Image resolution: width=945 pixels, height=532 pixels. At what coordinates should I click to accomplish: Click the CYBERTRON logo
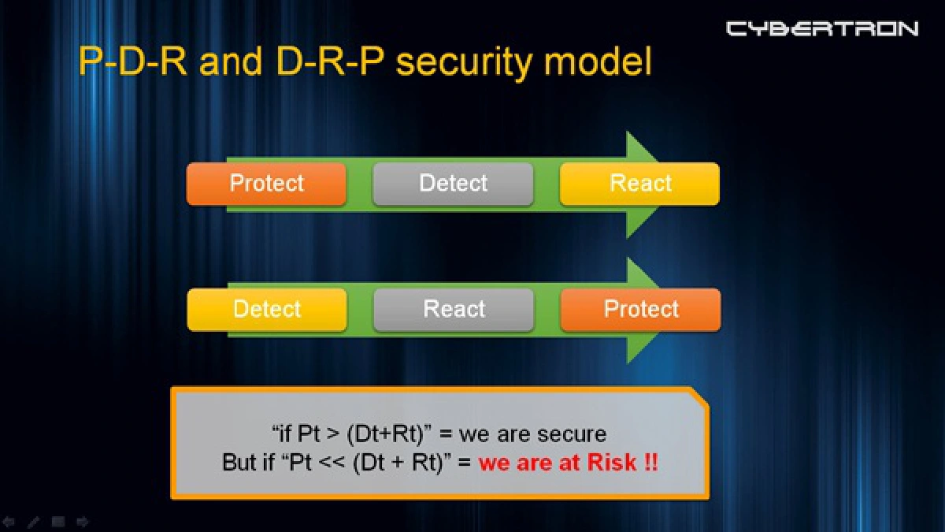pyautogui.click(x=821, y=29)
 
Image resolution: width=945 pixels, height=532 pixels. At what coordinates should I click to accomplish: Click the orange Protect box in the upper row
pyautogui.click(x=266, y=184)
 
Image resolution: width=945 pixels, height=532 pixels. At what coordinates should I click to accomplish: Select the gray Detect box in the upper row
pyautogui.click(x=453, y=184)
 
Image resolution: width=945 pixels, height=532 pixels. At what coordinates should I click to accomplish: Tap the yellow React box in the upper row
pyautogui.click(x=639, y=184)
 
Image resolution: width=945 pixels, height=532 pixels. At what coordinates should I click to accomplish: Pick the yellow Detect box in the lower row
pyautogui.click(x=267, y=309)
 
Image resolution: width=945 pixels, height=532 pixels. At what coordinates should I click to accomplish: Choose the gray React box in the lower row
pyautogui.click(x=454, y=309)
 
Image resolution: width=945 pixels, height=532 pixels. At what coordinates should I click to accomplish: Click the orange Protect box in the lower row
pyautogui.click(x=640, y=309)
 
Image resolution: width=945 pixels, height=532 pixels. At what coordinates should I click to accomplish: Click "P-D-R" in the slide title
pyautogui.click(x=133, y=61)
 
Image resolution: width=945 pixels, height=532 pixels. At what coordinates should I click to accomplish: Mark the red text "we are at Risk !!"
pyautogui.click(x=568, y=462)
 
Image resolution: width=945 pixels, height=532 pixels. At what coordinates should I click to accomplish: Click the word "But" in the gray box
pyautogui.click(x=239, y=462)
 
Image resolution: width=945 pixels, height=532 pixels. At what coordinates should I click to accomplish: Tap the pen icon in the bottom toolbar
pyautogui.click(x=33, y=522)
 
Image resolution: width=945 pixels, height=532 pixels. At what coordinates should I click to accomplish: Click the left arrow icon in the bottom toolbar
pyautogui.click(x=9, y=522)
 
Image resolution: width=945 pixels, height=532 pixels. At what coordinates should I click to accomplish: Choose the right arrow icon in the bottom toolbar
pyautogui.click(x=82, y=522)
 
